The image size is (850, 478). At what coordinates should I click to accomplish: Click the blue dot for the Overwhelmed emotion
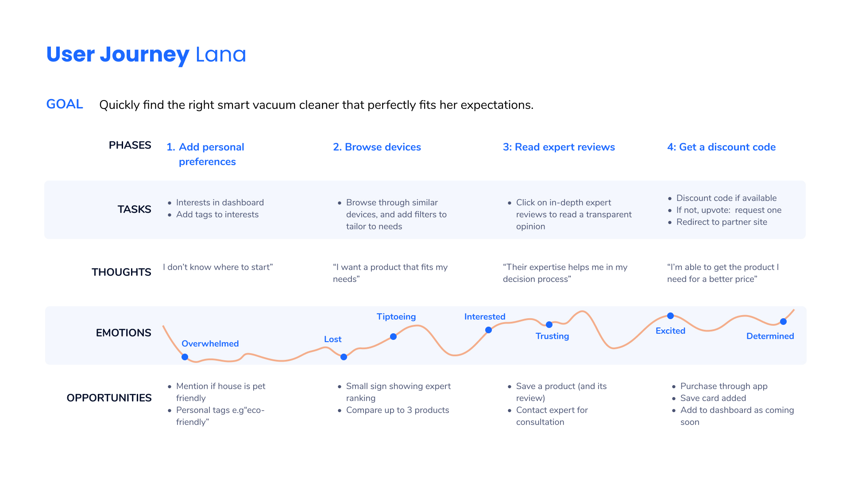pos(185,357)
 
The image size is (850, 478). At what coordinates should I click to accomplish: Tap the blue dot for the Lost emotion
pos(344,357)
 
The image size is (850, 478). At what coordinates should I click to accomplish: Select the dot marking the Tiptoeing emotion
pos(393,336)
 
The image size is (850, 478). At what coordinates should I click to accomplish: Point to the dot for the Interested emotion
pos(488,330)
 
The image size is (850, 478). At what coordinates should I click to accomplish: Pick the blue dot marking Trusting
pos(549,324)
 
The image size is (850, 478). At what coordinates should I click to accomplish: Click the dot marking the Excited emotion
pos(670,316)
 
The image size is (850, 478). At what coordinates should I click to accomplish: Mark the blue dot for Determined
pos(783,321)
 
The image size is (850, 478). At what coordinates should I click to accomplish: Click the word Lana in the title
pos(220,54)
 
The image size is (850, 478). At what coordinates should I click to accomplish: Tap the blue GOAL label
pos(65,104)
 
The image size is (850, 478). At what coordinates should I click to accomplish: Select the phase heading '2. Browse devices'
pos(377,147)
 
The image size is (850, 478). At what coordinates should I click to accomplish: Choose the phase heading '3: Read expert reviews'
pos(559,147)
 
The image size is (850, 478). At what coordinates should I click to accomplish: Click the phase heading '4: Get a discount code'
pos(721,147)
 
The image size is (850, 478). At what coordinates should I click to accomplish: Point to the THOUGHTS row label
pos(121,272)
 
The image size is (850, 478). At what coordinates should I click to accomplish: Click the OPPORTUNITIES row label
pos(109,398)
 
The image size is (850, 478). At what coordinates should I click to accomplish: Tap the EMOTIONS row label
pos(124,333)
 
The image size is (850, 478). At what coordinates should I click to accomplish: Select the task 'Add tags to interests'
pos(217,215)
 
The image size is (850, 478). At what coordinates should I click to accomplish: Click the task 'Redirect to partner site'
pos(722,222)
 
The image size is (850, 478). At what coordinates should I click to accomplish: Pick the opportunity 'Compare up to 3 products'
pos(398,410)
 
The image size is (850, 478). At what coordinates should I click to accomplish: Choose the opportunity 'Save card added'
pos(713,398)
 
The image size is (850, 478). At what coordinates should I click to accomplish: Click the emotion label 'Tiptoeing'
pos(396,317)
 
